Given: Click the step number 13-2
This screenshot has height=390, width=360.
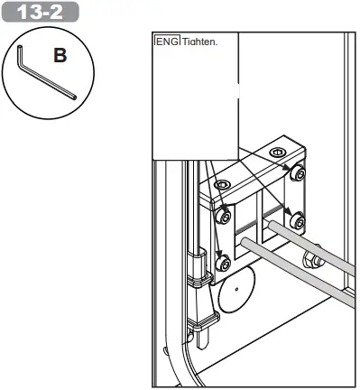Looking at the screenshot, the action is (40, 12).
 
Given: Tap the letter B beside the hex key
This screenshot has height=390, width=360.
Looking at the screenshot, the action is (60, 56).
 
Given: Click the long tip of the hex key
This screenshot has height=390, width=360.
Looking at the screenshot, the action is (74, 97).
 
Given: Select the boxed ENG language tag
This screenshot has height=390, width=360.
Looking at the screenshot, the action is (167, 41).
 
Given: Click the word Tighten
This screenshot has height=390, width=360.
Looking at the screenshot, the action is (199, 42).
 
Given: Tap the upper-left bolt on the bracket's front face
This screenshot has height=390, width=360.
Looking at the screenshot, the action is (224, 216).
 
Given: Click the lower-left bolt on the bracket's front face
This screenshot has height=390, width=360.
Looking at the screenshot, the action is (224, 263).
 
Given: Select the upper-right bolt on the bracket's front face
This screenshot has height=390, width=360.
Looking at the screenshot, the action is (298, 172).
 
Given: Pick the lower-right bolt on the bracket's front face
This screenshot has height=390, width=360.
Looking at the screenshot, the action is (298, 220).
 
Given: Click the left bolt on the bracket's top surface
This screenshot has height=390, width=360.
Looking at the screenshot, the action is (222, 185).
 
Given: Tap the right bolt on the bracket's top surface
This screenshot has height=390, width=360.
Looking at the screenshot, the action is (277, 152).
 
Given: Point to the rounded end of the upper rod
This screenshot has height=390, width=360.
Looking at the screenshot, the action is (272, 225).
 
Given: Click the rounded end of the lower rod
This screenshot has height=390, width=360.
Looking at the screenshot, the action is (245, 242).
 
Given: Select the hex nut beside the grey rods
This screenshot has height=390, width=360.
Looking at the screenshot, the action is (313, 259).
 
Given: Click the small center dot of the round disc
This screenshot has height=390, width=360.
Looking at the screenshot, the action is (236, 290).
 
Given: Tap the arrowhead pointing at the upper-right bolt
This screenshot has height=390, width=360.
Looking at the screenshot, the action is (287, 170).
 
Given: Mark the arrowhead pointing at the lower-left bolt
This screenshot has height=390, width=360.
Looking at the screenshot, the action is (219, 253).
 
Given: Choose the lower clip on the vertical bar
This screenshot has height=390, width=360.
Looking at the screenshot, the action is (204, 320).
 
